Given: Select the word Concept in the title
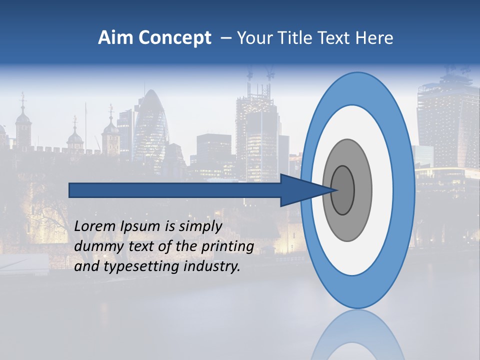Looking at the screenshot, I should (x=175, y=38).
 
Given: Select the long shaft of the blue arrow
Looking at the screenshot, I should (x=175, y=190).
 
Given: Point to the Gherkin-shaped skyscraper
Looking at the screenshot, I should (x=150, y=125).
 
